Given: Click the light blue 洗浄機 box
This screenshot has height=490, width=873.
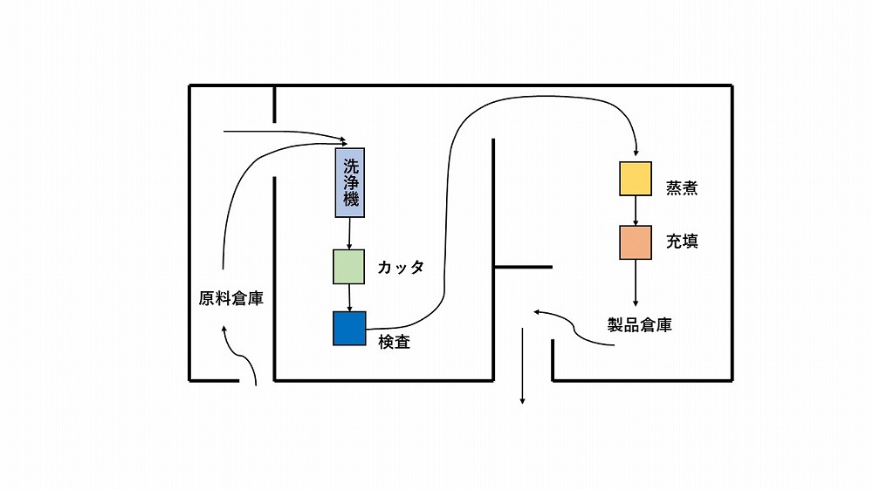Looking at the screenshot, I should (x=350, y=182).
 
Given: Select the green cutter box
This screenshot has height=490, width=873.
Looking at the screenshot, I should (x=349, y=267).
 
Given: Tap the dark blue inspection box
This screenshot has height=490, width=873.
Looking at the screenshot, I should (x=349, y=328).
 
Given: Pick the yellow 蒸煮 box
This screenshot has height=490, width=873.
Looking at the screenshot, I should (x=635, y=178).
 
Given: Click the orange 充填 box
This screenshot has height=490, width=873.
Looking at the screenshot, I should (x=636, y=242).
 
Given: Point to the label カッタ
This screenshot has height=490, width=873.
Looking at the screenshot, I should (x=401, y=268).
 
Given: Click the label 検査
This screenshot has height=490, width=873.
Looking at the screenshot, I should (x=395, y=342).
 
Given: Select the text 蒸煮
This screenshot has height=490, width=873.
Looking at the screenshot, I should (x=682, y=187).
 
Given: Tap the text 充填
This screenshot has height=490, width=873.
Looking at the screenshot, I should (x=682, y=242).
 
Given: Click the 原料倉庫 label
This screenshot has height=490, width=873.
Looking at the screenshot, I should (x=231, y=298).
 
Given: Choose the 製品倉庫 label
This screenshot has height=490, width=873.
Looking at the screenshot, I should (x=640, y=325).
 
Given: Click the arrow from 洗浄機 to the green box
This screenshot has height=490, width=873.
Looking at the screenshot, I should (x=349, y=233).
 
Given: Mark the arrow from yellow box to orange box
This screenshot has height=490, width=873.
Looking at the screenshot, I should (x=636, y=210).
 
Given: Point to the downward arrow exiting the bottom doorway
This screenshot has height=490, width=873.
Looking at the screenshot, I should (x=522, y=366).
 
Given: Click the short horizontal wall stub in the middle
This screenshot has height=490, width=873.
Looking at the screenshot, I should (x=523, y=266).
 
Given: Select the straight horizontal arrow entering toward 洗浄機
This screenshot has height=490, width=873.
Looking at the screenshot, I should (x=279, y=133).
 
